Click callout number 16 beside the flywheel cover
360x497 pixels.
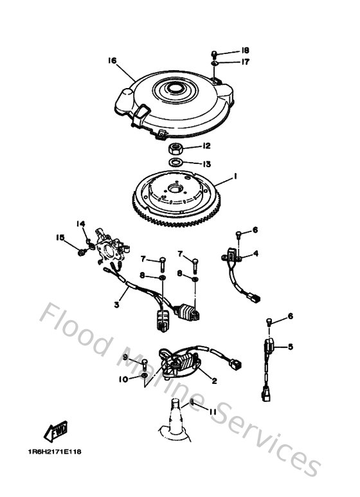pyautogui.click(x=113, y=61)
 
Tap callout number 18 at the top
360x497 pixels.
pyautogui.click(x=244, y=51)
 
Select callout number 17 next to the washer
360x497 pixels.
pyautogui.click(x=244, y=62)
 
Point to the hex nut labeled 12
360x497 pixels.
pyautogui.click(x=174, y=147)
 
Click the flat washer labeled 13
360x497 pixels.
pyautogui.click(x=174, y=163)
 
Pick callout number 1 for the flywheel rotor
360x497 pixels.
pyautogui.click(x=235, y=175)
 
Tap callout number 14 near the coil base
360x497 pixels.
pyautogui.click(x=82, y=223)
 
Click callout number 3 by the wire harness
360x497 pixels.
pyautogui.click(x=117, y=304)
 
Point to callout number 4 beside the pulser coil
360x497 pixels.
pyautogui.click(x=256, y=253)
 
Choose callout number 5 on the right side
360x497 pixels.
pyautogui.click(x=290, y=347)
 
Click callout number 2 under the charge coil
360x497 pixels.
pyautogui.click(x=214, y=381)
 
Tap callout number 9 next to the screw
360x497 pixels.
pyautogui.click(x=125, y=357)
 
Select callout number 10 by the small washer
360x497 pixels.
pyautogui.click(x=123, y=379)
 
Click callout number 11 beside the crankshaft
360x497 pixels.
pyautogui.click(x=213, y=410)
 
